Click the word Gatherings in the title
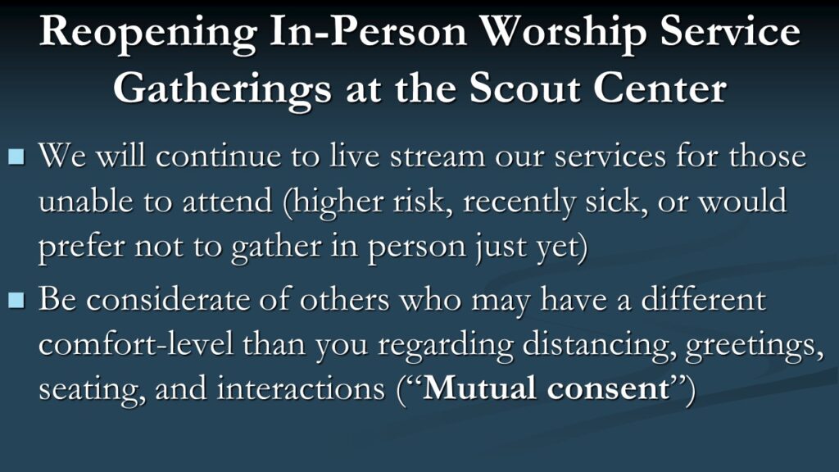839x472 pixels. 222,91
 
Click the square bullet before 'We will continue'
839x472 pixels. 16,157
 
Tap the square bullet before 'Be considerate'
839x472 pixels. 16,300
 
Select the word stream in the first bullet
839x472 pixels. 437,157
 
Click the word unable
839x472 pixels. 85,202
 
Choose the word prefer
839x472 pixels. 81,247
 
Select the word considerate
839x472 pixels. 169,300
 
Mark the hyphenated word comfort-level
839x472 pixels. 136,344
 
